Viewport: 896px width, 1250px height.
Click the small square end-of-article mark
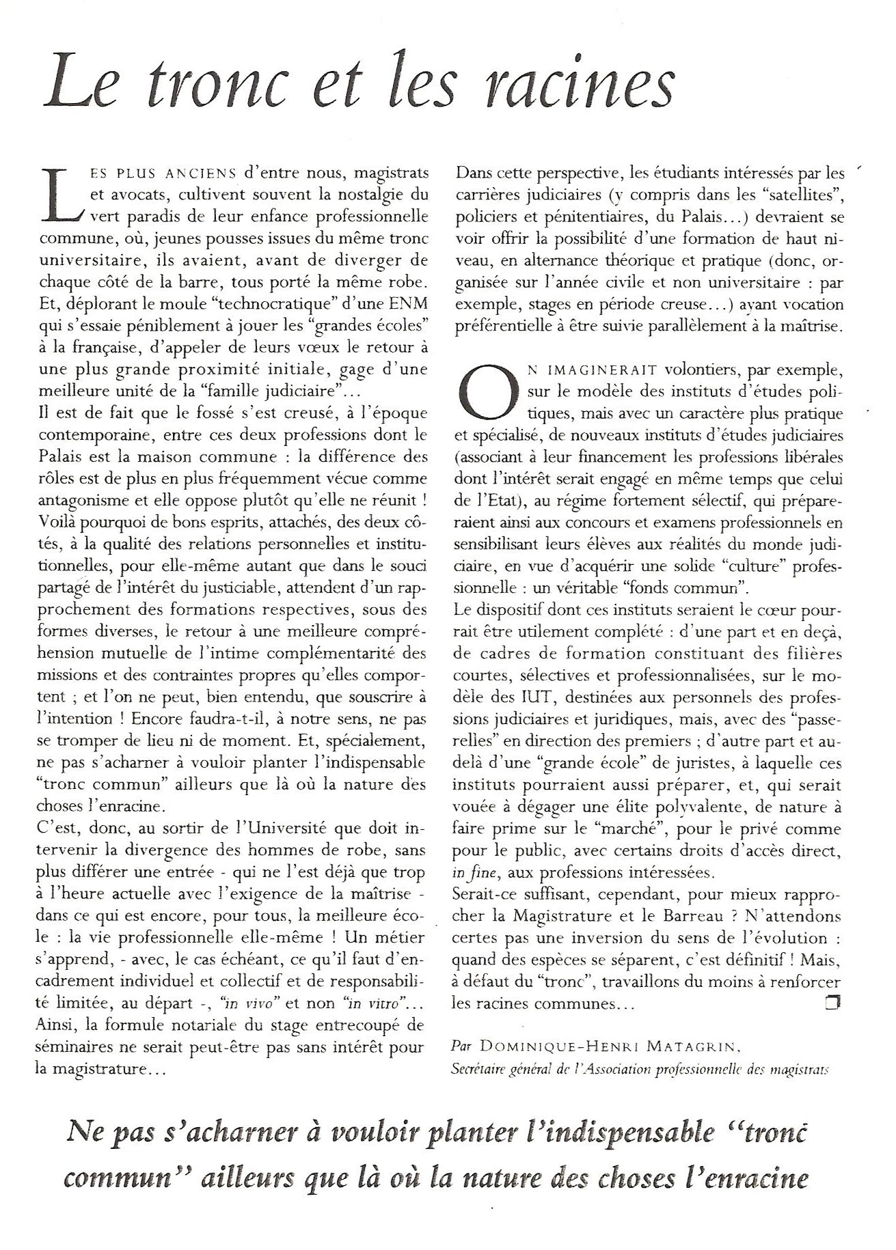point(832,1003)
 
